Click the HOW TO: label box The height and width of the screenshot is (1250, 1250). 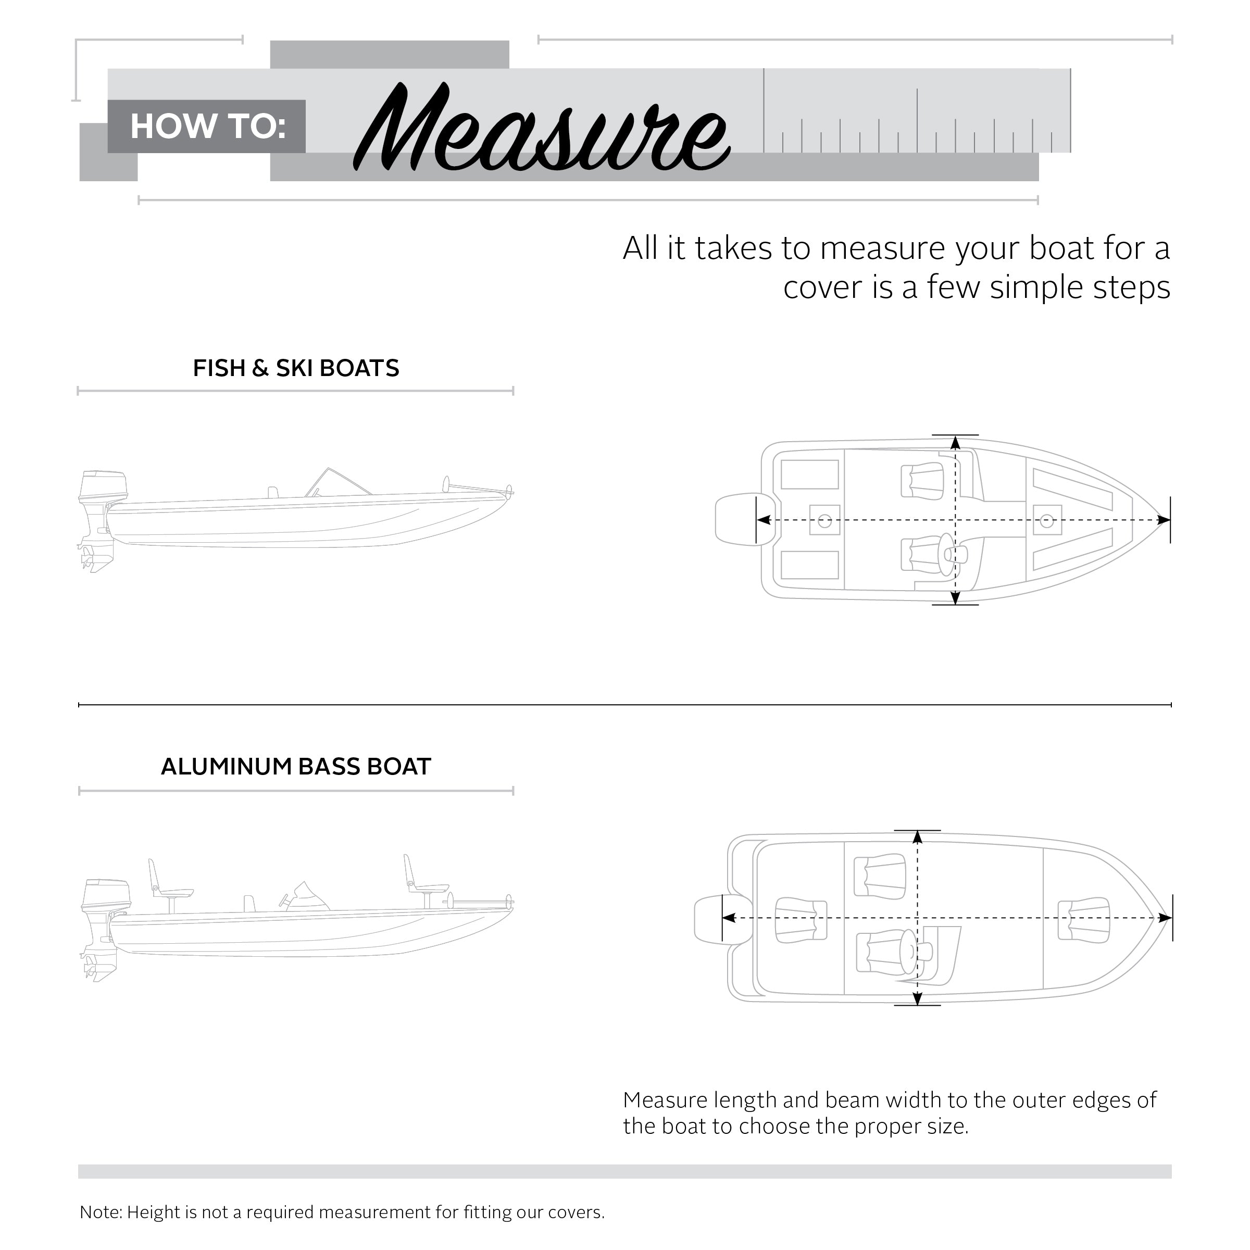(207, 126)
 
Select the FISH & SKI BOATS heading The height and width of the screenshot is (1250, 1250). (296, 368)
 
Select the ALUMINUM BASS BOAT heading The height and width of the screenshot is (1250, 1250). (296, 767)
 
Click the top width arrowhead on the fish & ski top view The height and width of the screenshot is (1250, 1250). (955, 443)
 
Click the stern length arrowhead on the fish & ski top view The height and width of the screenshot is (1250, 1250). (764, 520)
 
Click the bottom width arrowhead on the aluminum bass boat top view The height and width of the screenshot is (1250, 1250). (917, 999)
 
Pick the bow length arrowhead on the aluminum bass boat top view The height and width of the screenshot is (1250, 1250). (1165, 918)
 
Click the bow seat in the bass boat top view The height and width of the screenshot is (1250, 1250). (1084, 919)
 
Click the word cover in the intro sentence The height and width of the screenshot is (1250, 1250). (823, 288)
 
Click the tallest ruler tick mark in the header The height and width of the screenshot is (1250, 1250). (917, 120)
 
